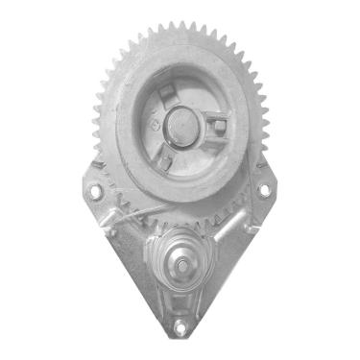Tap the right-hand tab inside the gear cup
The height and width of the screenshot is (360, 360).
(x=219, y=126)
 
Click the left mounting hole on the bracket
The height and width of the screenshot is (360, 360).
(x=94, y=191)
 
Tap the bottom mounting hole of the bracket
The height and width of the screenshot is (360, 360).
(x=180, y=328)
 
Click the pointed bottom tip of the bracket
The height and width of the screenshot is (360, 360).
(x=180, y=341)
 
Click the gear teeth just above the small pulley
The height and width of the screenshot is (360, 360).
(x=179, y=223)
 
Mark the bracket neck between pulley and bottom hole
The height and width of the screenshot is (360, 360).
(x=180, y=302)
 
